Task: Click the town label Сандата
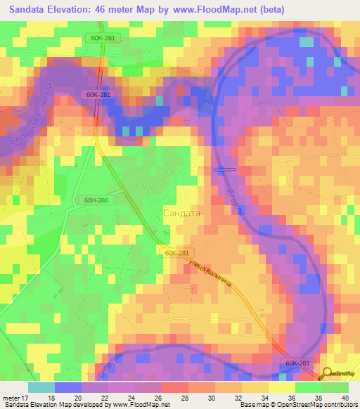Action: [181, 212]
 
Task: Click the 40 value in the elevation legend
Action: [344, 397]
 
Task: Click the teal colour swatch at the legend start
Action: [41, 387]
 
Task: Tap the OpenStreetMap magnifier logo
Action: [326, 375]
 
